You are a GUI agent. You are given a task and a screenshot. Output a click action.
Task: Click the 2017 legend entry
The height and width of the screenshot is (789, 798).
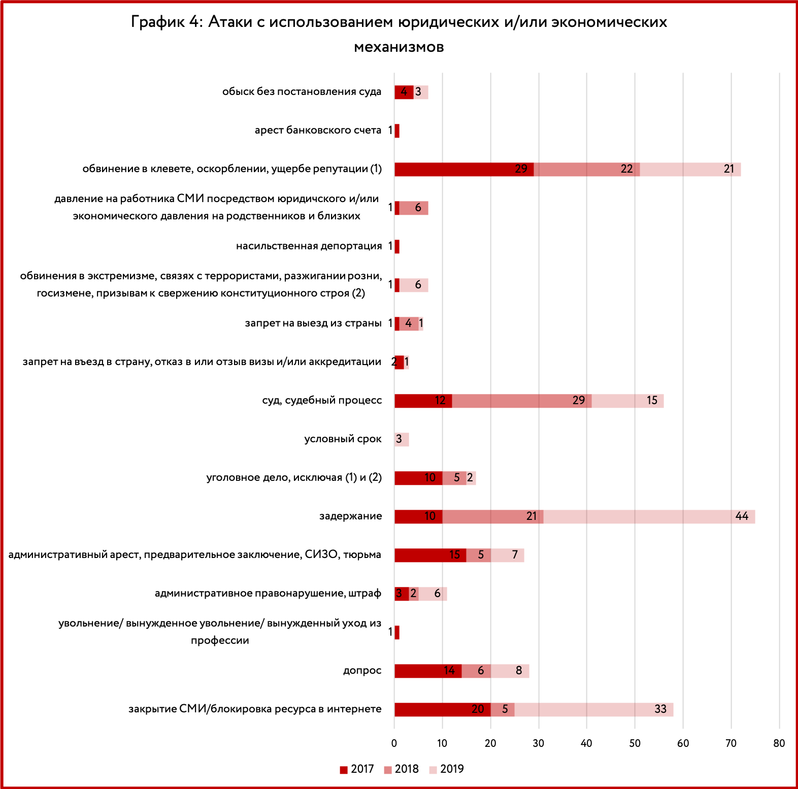357,769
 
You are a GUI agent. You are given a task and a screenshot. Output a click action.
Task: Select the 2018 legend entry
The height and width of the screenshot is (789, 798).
402,769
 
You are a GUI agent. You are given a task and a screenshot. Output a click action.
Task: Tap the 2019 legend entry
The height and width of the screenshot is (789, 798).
447,769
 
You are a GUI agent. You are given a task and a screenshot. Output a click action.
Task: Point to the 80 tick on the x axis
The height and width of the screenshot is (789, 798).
779,743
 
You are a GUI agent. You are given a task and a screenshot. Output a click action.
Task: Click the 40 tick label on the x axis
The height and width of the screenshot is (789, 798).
586,743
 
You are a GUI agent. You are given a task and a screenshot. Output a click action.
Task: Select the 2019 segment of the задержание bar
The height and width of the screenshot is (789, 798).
649,516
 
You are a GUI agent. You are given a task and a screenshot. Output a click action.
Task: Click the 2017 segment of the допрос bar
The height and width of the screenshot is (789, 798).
428,671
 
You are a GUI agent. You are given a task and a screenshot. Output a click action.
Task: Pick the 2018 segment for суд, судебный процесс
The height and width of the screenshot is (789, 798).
522,401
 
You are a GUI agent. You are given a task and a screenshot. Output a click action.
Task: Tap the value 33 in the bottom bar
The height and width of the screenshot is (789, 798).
660,709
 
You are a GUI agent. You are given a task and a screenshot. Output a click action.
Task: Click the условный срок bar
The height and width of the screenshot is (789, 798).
402,439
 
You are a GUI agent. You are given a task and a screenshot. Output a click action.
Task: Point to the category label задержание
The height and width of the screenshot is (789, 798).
350,516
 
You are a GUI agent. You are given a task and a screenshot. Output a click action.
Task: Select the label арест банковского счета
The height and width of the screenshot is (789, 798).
318,130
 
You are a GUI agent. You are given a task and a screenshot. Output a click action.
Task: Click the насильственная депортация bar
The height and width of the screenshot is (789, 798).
397,246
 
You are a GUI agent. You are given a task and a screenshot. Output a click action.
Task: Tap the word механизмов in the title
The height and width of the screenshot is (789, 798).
399,47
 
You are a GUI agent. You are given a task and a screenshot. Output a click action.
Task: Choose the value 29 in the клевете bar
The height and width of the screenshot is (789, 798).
521,169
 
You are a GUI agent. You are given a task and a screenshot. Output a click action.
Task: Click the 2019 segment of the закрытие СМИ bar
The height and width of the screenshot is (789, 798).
594,709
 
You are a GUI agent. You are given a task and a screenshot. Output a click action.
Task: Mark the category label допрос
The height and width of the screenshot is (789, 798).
362,670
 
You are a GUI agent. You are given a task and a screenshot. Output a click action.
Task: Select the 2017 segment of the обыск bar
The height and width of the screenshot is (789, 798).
404,92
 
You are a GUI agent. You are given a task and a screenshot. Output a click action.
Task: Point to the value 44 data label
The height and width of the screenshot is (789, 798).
742,516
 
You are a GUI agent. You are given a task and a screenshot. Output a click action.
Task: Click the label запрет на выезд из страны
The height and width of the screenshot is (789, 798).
313,323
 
